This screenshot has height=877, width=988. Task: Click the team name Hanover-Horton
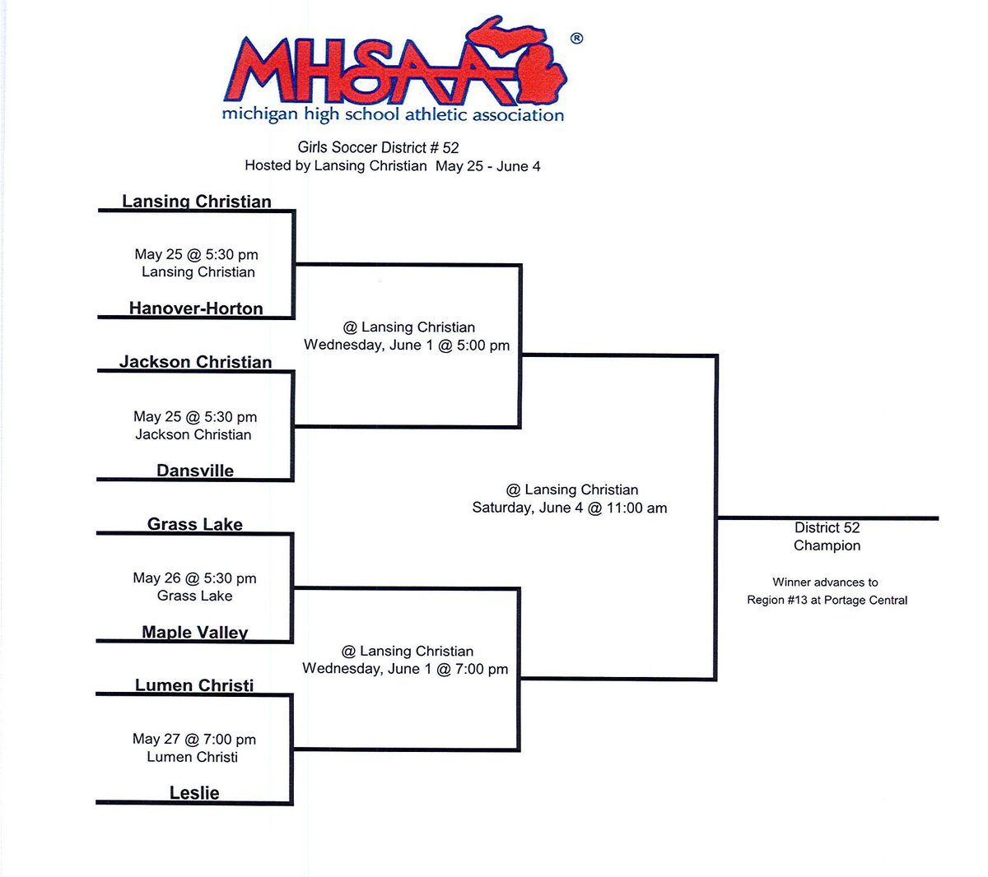click(196, 308)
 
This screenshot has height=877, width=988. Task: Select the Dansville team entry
click(195, 470)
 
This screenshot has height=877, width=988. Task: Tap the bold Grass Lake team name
click(195, 524)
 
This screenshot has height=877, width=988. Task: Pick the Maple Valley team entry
click(195, 632)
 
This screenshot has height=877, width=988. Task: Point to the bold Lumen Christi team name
click(194, 685)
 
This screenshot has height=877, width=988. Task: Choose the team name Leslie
click(194, 793)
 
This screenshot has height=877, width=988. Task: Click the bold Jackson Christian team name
click(196, 361)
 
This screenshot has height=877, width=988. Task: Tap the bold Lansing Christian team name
click(197, 202)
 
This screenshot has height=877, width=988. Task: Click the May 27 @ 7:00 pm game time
click(194, 739)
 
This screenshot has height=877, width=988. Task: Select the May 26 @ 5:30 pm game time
click(194, 578)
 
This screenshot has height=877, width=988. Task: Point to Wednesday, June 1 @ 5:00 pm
click(407, 345)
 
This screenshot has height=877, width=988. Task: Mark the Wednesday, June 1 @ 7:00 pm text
click(405, 669)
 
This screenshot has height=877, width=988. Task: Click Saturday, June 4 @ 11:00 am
click(570, 508)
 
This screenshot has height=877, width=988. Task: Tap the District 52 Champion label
click(827, 536)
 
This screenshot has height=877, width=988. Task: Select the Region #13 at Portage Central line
click(827, 600)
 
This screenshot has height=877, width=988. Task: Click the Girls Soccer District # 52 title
click(379, 147)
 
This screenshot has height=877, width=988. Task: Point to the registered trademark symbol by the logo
click(576, 38)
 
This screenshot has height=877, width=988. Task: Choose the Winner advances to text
click(825, 582)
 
